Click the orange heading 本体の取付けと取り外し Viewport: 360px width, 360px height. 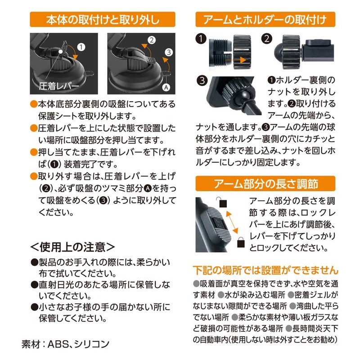(x=103, y=19)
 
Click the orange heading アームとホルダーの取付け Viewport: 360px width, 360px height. (x=266, y=19)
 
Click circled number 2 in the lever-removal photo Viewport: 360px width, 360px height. (x=152, y=40)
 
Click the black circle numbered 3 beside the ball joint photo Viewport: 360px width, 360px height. (x=202, y=81)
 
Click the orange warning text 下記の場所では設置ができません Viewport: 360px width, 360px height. (x=265, y=270)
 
